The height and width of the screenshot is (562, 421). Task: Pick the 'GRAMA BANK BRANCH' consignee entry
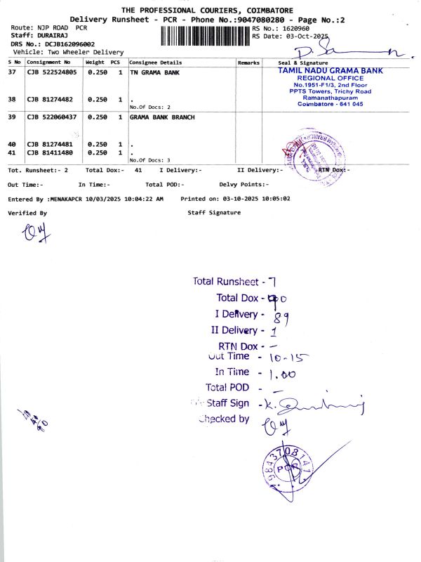162,117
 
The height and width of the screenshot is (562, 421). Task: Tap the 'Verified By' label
27,212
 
